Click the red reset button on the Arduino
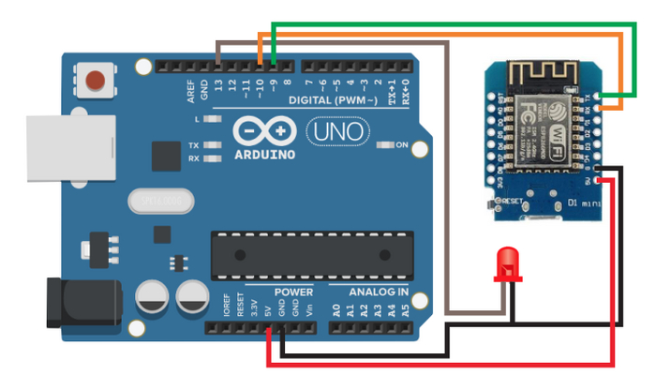point(95,80)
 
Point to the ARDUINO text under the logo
point(263,154)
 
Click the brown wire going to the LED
point(448,187)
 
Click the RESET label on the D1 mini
point(512,200)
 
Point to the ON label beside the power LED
point(402,145)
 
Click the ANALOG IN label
point(379,292)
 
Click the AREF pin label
point(190,91)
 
